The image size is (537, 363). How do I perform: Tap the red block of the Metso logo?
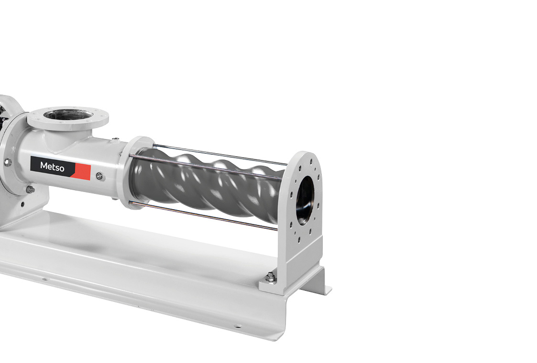coord(83,172)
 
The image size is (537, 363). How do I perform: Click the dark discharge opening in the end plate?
coord(305,201)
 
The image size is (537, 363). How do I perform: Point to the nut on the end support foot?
coord(271,277)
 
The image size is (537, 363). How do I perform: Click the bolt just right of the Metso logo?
coord(99,176)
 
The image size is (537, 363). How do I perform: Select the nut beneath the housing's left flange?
coord(30,189)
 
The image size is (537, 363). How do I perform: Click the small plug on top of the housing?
coord(115,139)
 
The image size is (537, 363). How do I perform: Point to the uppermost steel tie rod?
coord(219,155)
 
